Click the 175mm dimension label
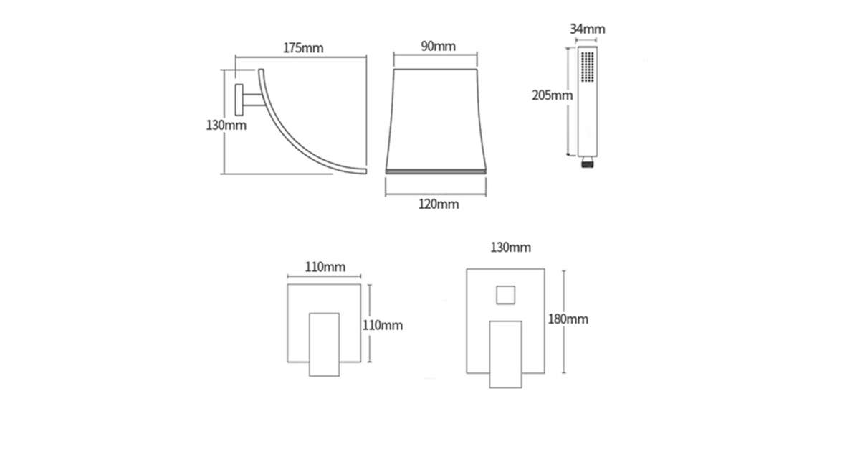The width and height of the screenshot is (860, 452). click(303, 48)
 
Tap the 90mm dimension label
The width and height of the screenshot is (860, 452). click(439, 46)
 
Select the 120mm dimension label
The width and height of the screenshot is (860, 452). click(439, 204)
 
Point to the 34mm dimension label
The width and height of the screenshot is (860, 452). click(588, 29)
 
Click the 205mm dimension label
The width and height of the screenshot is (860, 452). click(552, 95)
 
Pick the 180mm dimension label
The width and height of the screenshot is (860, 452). click(568, 319)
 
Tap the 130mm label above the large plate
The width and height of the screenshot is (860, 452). click(510, 247)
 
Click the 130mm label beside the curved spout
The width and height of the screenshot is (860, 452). click(226, 126)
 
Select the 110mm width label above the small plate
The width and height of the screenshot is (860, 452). click(325, 267)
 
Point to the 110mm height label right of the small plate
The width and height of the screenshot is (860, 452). click(383, 325)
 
